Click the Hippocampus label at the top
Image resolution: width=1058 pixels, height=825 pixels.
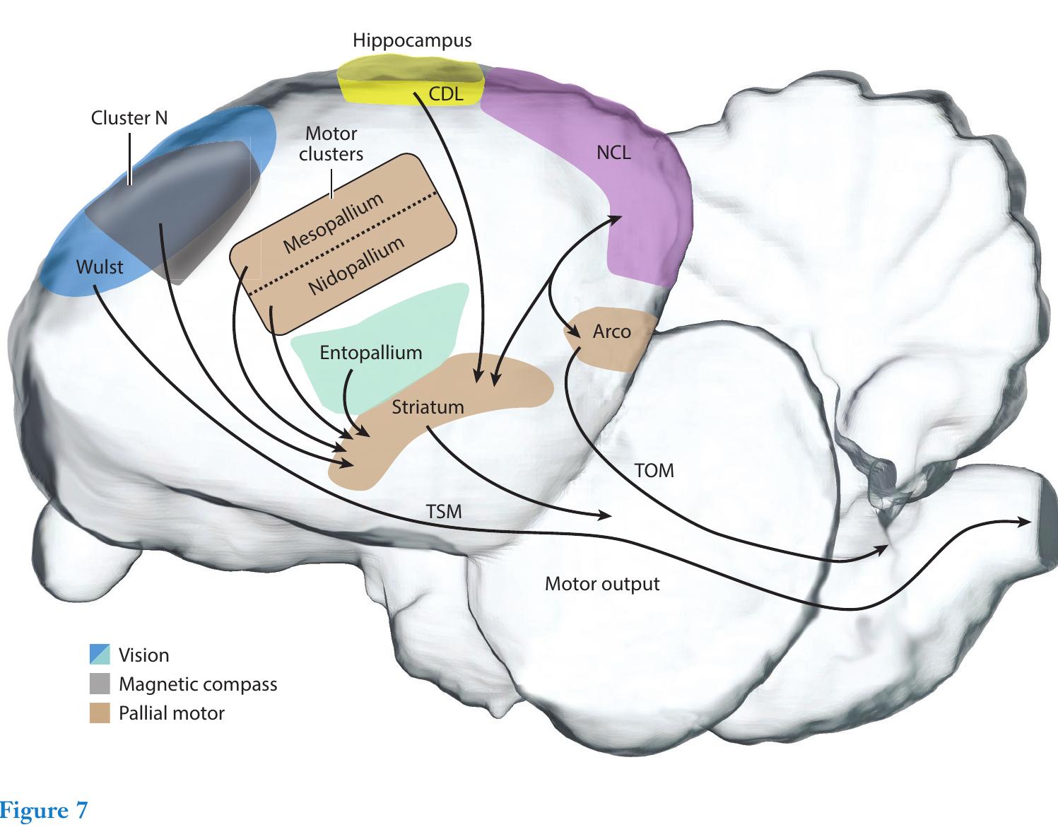point(412,40)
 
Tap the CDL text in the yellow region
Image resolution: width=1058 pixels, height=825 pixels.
point(446,94)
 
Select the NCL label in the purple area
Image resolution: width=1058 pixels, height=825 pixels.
point(613,153)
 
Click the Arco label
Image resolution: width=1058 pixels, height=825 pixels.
point(611,332)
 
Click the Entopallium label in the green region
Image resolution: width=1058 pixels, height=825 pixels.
point(370,353)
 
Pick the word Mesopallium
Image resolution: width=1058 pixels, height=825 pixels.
point(333,223)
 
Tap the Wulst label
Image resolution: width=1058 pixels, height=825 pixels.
point(99,267)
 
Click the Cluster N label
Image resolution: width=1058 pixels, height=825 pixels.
point(129,118)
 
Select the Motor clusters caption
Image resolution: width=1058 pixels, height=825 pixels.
point(331,144)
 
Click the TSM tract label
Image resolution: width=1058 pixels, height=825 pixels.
point(444,511)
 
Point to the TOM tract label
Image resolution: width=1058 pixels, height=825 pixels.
point(654,470)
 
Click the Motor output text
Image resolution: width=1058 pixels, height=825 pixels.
point(602,584)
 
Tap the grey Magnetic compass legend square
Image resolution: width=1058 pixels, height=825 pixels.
point(100,684)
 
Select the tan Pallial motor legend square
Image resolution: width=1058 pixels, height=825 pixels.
point(100,713)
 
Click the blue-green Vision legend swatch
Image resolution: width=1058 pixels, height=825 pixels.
point(100,655)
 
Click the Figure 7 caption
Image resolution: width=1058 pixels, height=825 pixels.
point(44,809)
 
